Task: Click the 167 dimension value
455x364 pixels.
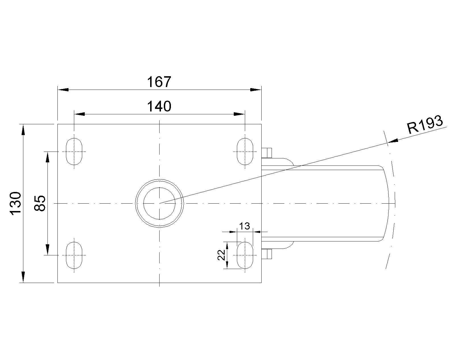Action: [159, 82]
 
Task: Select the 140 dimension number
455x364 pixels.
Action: [159, 106]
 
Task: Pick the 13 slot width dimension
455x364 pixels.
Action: [244, 226]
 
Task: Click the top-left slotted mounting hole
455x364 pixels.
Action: [74, 152]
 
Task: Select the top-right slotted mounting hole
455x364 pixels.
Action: [245, 152]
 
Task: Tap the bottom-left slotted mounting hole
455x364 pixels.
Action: [74, 255]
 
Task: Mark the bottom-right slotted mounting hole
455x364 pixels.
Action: [245, 255]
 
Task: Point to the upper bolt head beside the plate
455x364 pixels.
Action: [267, 153]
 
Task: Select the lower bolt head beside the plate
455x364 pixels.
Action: [267, 254]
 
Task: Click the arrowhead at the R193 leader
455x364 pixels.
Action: [393, 141]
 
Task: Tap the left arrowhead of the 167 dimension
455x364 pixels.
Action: [63, 90]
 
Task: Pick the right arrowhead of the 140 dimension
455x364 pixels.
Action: [239, 114]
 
